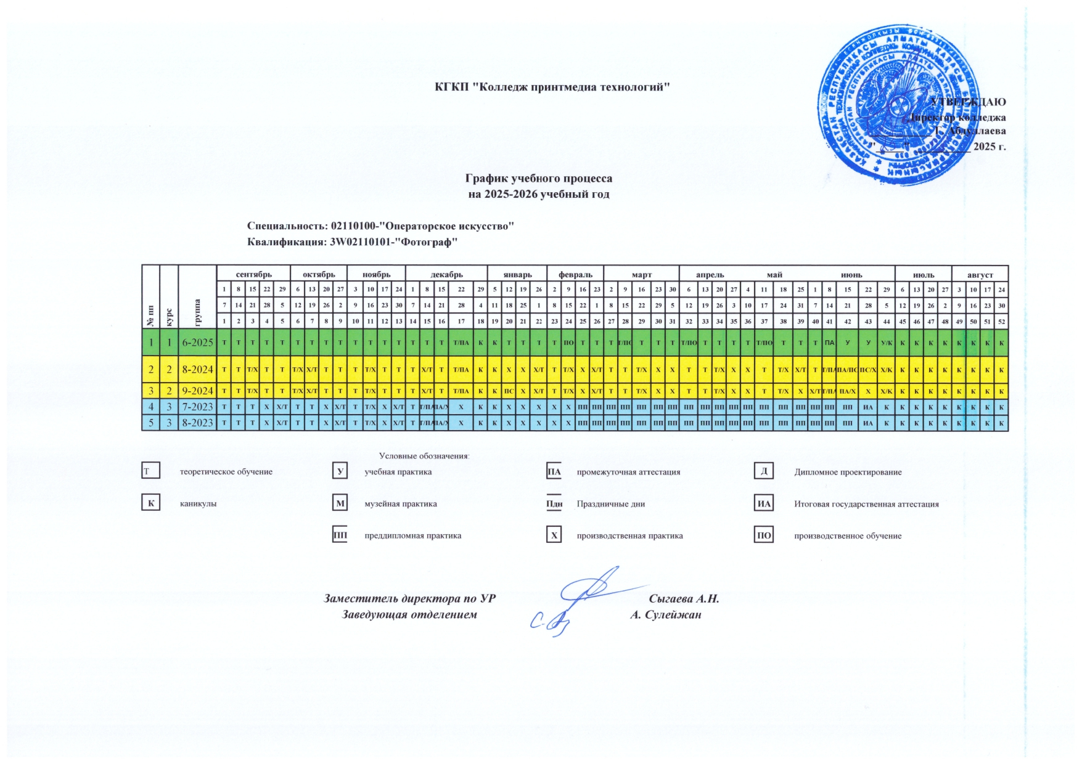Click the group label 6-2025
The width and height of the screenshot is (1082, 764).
click(x=197, y=343)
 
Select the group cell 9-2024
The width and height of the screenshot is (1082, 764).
click(x=197, y=391)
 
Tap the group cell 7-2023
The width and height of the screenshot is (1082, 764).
click(x=197, y=407)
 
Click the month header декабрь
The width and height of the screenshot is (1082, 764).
click(x=446, y=275)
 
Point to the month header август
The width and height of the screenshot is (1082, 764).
click(x=980, y=275)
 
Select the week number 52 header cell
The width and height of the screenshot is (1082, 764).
click(x=1001, y=321)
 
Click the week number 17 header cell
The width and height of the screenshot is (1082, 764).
click(x=461, y=321)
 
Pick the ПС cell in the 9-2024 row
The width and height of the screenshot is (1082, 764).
click(x=509, y=391)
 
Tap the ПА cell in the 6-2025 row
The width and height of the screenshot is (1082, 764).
click(x=829, y=343)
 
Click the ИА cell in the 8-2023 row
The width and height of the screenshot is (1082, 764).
click(x=867, y=423)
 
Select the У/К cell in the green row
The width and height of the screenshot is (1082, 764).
click(x=886, y=343)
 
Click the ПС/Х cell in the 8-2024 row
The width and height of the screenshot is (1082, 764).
click(x=867, y=370)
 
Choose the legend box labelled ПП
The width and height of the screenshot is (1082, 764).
click(x=340, y=535)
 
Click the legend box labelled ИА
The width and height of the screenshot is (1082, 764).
click(x=764, y=504)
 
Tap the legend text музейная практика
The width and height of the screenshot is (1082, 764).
click(x=401, y=504)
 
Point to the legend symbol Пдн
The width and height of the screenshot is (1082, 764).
click(x=554, y=504)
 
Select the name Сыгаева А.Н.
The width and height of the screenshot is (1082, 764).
click(x=684, y=598)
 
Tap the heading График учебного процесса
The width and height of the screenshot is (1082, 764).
click(x=538, y=179)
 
